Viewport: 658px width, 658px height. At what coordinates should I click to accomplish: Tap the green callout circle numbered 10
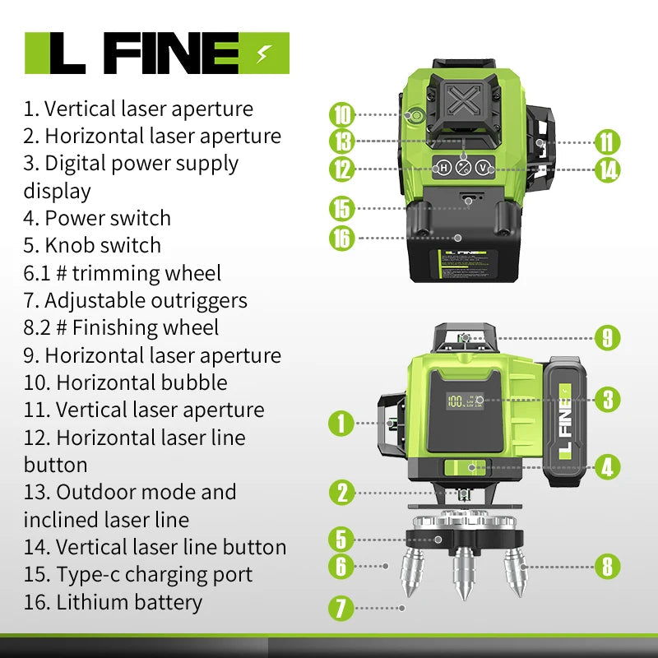(342, 114)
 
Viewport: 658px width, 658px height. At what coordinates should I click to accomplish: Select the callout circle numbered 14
(607, 170)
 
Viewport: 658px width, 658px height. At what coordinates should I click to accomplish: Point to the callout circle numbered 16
(342, 238)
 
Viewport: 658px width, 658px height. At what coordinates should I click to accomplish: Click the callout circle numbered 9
(607, 336)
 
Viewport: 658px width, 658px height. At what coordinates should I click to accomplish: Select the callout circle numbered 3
(607, 400)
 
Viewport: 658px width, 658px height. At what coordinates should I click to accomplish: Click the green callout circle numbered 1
(342, 424)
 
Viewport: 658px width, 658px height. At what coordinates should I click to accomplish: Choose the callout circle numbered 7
(342, 609)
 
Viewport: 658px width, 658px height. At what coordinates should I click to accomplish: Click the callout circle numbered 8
(607, 566)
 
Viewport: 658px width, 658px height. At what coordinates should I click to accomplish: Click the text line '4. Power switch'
(97, 218)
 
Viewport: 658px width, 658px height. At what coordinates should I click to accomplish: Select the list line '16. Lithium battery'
(113, 601)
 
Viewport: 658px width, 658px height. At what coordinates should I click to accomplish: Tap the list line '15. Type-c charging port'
(137, 574)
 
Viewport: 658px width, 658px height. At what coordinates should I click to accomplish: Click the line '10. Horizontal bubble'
(125, 382)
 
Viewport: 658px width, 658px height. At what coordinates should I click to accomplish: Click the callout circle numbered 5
(342, 540)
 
